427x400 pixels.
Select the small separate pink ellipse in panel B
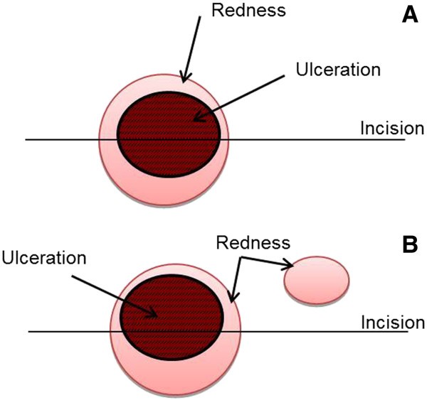click(317, 279)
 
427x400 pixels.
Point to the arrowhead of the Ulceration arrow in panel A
click(199, 119)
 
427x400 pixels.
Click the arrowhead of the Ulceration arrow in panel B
click(152, 313)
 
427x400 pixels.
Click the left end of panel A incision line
click(27, 139)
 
